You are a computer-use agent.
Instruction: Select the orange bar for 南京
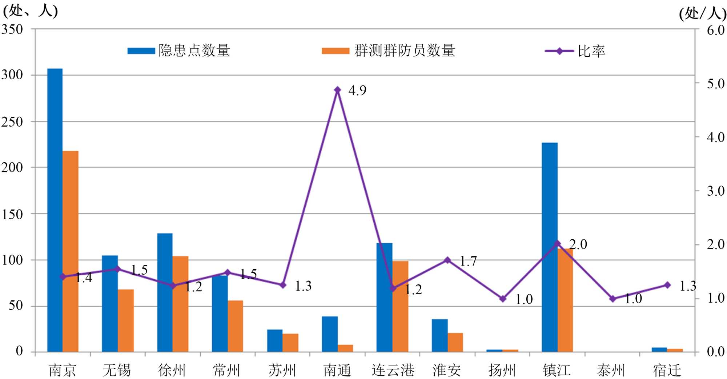[x=71, y=251]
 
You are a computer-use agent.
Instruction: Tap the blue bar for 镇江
[x=549, y=247]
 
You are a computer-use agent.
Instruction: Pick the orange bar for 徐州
[x=180, y=304]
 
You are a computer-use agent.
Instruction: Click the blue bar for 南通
[x=329, y=334]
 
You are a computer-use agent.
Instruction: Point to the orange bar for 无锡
[x=125, y=320]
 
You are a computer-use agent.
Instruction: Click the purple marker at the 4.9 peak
[x=337, y=90]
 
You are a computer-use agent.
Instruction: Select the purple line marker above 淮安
[x=447, y=260]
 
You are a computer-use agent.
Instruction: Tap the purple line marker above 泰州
[x=612, y=299]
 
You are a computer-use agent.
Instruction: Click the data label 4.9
[x=357, y=91]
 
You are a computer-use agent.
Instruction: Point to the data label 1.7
[x=468, y=261]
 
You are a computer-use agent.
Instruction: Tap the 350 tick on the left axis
[x=12, y=29]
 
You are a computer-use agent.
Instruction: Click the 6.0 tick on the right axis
[x=715, y=30]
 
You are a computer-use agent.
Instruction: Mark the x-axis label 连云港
[x=393, y=370]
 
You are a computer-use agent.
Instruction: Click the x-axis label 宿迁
[x=667, y=370]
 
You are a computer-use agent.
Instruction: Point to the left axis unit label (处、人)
[x=30, y=11]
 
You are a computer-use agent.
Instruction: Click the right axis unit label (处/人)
[x=702, y=14]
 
